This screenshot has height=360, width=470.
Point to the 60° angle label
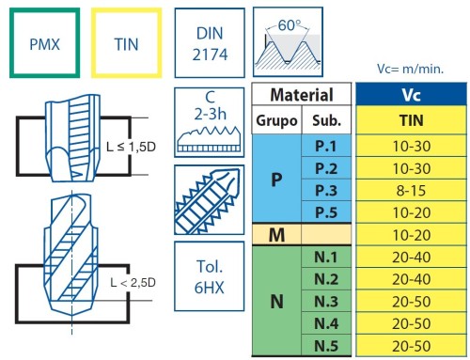[x=289, y=25]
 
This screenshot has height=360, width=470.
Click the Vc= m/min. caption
[x=410, y=69]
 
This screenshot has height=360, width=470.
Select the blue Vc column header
[x=411, y=94]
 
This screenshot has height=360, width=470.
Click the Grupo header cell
[x=276, y=120]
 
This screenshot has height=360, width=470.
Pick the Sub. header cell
[x=326, y=120]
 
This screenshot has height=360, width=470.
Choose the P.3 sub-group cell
[x=326, y=190]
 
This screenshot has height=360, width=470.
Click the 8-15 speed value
[x=411, y=190]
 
